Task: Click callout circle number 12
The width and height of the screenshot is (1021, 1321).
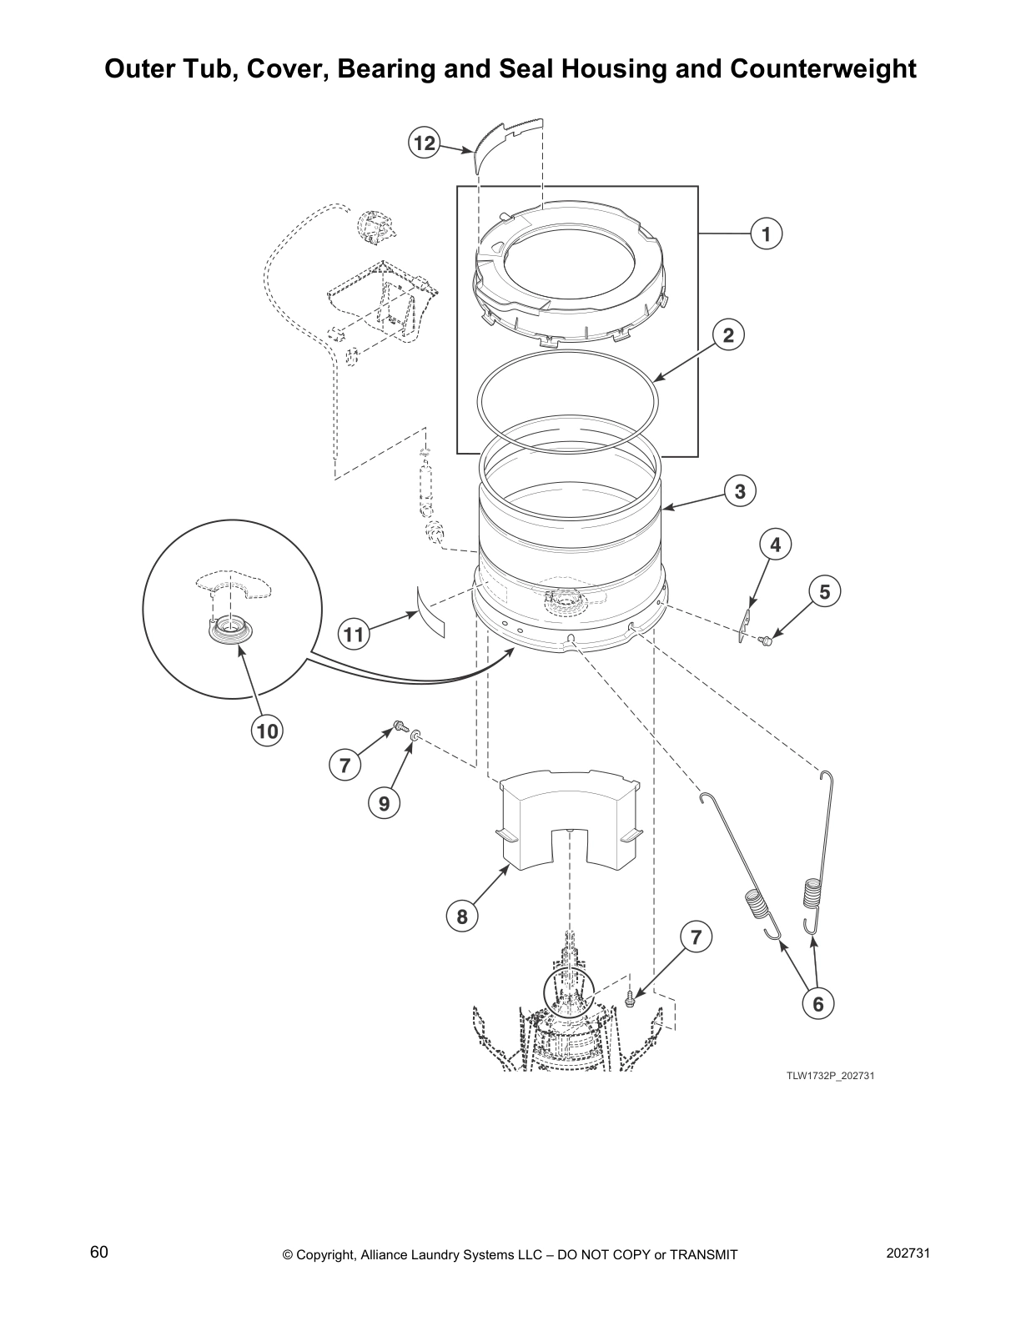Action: tap(425, 143)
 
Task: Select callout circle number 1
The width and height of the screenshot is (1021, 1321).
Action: tap(765, 234)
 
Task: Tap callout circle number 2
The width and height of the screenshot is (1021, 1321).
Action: tap(727, 335)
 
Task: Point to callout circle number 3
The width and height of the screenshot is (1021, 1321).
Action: tap(739, 491)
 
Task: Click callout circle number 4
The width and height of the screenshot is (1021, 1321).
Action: tap(775, 545)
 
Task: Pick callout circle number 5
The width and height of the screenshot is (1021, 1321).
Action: tap(824, 592)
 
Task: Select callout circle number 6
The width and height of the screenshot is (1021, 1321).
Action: tap(817, 1004)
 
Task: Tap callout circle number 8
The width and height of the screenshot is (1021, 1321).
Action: tap(462, 917)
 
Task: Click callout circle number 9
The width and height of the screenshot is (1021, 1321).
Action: tap(384, 803)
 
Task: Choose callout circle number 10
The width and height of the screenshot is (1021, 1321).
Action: tap(267, 731)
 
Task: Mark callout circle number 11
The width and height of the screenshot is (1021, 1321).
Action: tap(355, 635)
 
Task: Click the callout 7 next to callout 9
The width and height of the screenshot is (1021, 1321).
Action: tap(345, 764)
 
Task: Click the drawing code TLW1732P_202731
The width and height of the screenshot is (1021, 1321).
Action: tap(830, 1076)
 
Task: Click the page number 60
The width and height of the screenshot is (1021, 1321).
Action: tap(99, 1253)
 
